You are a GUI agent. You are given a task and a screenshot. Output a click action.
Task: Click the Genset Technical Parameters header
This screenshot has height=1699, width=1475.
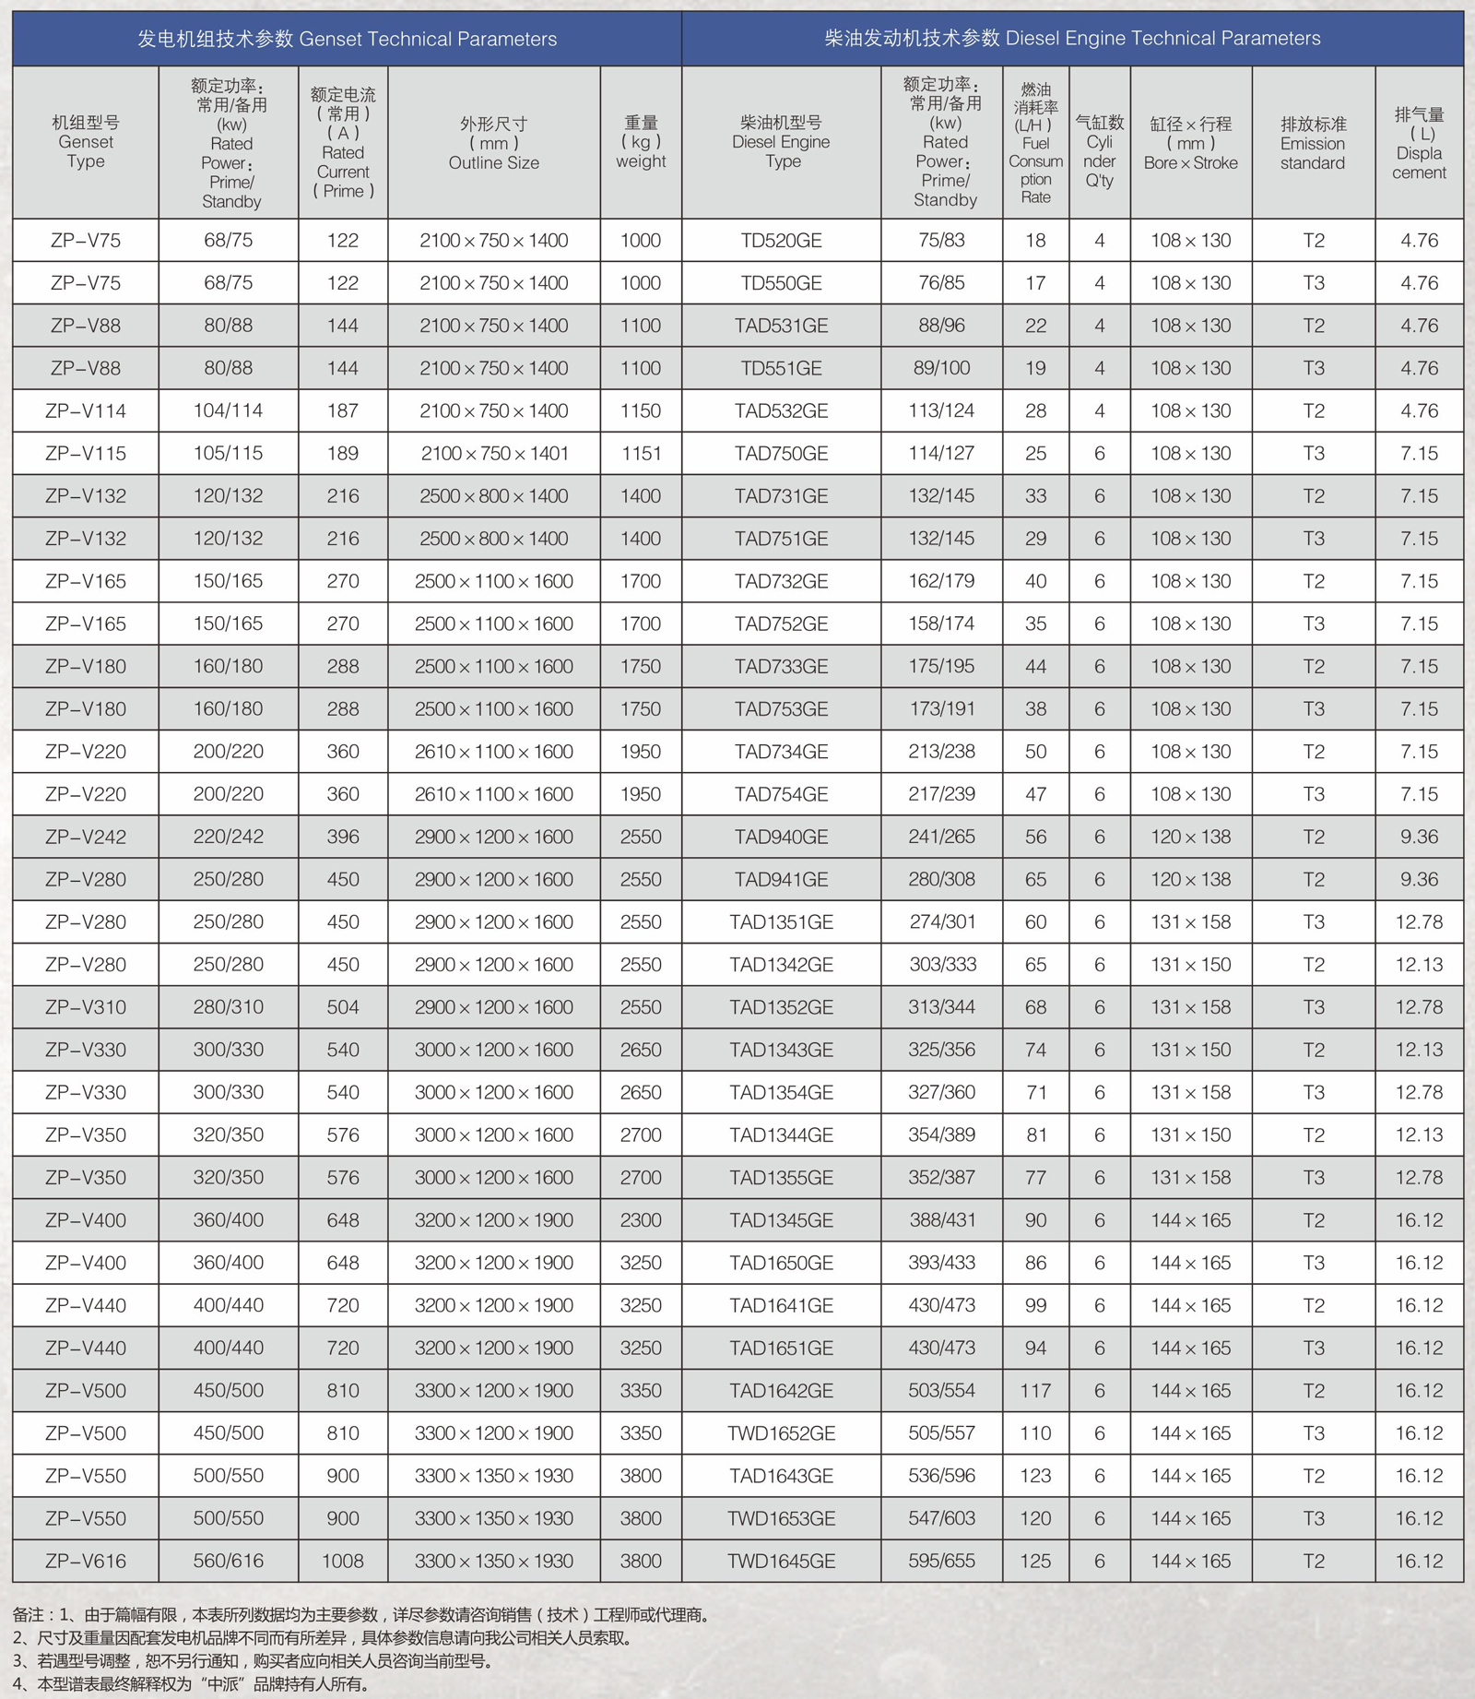pyautogui.click(x=347, y=39)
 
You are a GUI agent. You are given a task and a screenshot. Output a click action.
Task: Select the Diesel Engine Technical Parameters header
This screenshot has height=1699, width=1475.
pyautogui.click(x=1072, y=39)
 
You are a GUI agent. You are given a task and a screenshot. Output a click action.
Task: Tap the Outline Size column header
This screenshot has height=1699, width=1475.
pyautogui.click(x=493, y=143)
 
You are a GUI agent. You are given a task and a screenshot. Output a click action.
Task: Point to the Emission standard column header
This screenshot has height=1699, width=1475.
pyautogui.click(x=1313, y=143)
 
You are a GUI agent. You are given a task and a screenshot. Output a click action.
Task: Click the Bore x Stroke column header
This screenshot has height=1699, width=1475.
pyautogui.click(x=1190, y=143)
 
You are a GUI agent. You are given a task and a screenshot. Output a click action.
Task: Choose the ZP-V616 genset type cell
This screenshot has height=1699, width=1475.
pyautogui.click(x=86, y=1561)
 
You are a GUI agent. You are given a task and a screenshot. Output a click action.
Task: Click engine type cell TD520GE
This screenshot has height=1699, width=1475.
pyautogui.click(x=781, y=241)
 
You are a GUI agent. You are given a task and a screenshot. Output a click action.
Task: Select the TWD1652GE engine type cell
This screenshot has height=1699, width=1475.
pyautogui.click(x=781, y=1433)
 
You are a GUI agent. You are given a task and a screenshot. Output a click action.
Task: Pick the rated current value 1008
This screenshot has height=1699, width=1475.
pyautogui.click(x=343, y=1561)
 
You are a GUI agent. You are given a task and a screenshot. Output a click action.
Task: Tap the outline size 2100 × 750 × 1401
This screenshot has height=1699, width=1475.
pyautogui.click(x=493, y=454)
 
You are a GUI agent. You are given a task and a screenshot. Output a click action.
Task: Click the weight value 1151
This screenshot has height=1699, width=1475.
pyautogui.click(x=641, y=454)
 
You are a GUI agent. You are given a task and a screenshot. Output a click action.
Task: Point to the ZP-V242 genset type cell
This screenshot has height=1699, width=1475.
pyautogui.click(x=86, y=837)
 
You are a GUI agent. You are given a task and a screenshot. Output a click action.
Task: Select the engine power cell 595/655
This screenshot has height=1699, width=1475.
pyautogui.click(x=941, y=1561)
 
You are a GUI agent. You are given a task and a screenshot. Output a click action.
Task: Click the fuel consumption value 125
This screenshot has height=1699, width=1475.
pyautogui.click(x=1035, y=1561)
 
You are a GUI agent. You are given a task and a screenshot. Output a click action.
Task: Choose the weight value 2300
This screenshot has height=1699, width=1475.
pyautogui.click(x=641, y=1220)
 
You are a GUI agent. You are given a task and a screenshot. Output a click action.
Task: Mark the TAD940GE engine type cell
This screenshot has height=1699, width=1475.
pyautogui.click(x=781, y=837)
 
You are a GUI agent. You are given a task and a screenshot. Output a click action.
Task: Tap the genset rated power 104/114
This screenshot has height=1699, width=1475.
pyautogui.click(x=228, y=411)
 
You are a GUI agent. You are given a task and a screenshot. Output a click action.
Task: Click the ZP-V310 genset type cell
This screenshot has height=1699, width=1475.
pyautogui.click(x=86, y=1007)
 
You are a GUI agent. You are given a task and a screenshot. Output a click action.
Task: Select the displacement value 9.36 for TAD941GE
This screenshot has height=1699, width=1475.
pyautogui.click(x=1419, y=879)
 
